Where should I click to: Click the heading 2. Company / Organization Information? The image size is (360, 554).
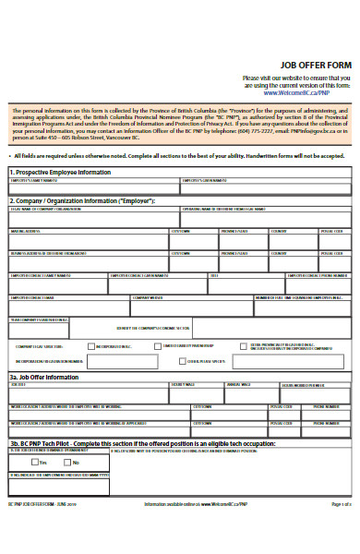coord(82,200)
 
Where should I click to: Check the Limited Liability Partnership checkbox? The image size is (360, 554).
coord(159,346)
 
